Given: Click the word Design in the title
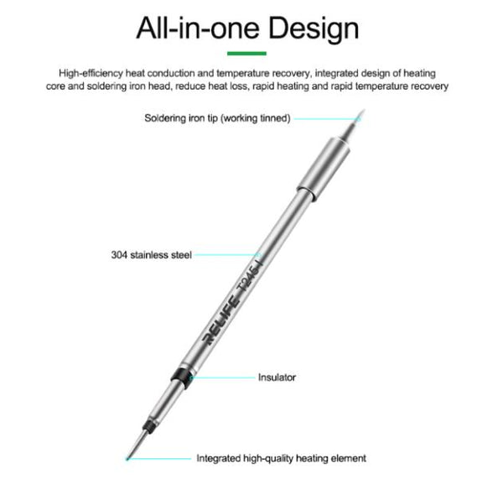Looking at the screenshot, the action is tap(313, 29).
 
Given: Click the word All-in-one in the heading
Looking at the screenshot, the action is tap(198, 28).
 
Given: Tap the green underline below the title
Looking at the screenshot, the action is tap(246, 54).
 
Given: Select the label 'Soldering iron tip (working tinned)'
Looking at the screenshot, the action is tap(217, 118).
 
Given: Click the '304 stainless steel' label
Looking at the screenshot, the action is tap(152, 255).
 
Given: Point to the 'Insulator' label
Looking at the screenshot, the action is tap(277, 377).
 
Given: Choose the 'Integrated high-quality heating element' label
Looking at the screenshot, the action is tap(282, 458).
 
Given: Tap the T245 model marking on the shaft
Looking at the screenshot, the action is tap(249, 277).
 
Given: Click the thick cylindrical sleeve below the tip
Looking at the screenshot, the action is tap(323, 169).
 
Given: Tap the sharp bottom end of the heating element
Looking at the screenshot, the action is tap(127, 459).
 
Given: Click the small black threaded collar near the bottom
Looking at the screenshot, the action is tap(148, 425).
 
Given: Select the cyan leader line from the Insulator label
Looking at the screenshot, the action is tap(223, 377).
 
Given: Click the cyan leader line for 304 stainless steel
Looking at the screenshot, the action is tap(227, 254).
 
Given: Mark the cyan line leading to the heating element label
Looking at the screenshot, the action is tap(159, 459).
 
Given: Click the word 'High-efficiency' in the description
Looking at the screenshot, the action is tap(91, 74).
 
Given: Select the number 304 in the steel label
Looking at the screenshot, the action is tap(119, 255).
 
